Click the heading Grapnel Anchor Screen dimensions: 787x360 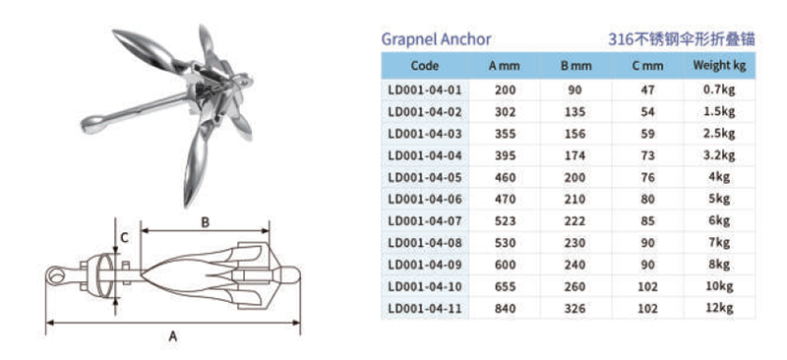pyautogui.click(x=436, y=39)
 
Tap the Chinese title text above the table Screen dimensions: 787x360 pyautogui.click(x=682, y=39)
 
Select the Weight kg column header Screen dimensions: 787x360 pyautogui.click(x=719, y=65)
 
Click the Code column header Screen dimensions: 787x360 pyautogui.click(x=425, y=66)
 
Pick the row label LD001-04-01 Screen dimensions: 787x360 pyautogui.click(x=425, y=90)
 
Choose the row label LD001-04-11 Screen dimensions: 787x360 pyautogui.click(x=425, y=308)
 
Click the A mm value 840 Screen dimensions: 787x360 pyautogui.click(x=505, y=308)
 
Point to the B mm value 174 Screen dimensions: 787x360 pyautogui.click(x=575, y=155)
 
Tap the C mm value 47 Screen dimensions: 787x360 pyautogui.click(x=647, y=90)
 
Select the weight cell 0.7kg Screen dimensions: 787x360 pyautogui.click(x=719, y=90)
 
